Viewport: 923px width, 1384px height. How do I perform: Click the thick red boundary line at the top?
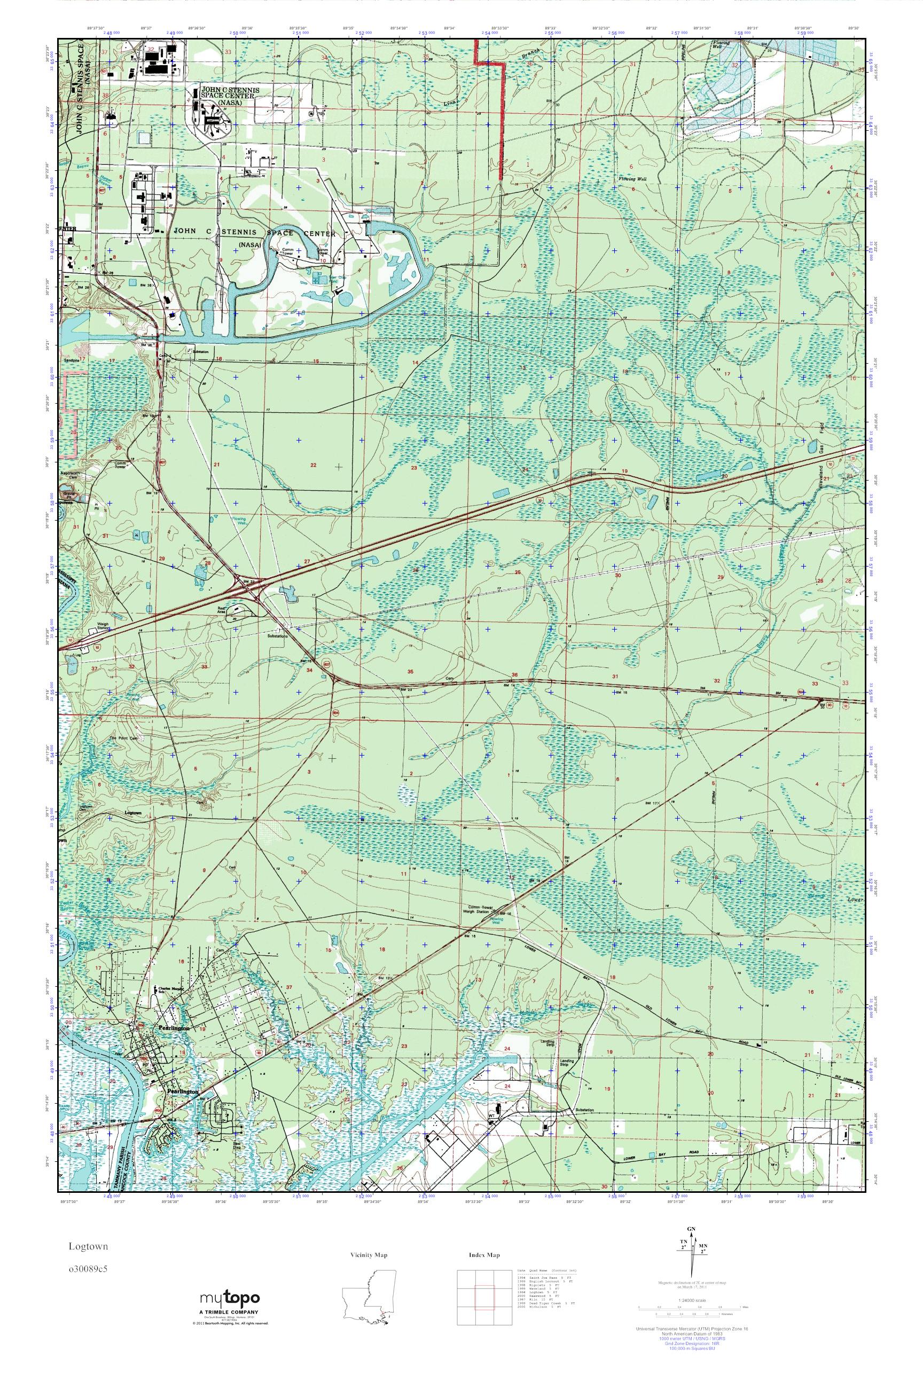[501, 117]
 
